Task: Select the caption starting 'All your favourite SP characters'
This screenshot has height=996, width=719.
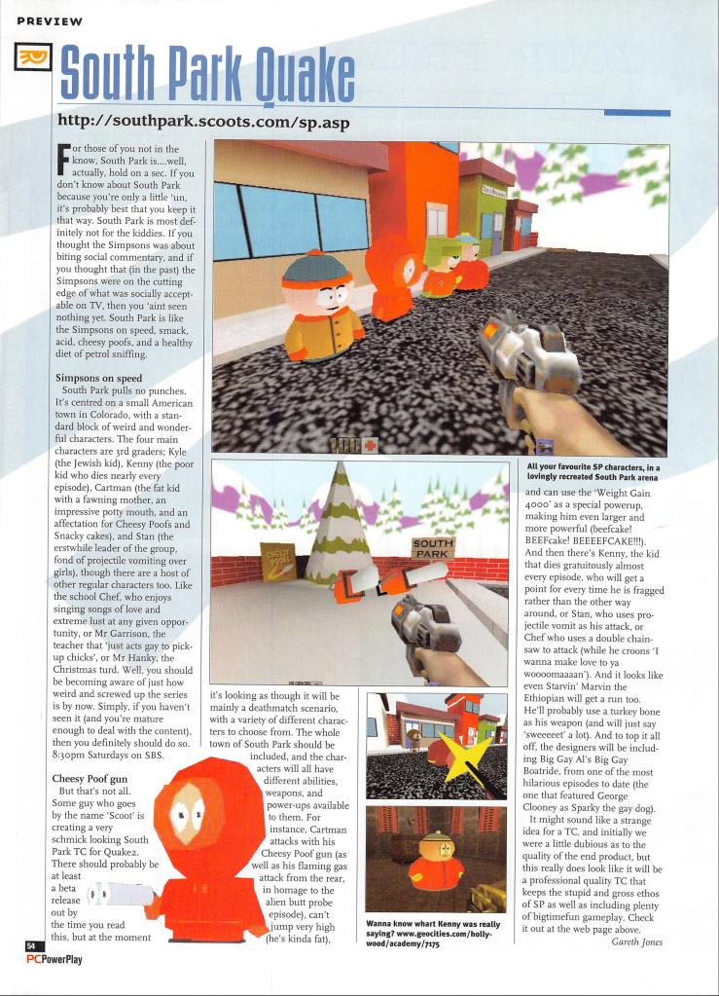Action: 593,472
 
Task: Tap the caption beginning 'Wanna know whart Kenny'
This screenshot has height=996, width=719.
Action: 434,935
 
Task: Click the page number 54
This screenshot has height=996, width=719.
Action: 30,944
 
